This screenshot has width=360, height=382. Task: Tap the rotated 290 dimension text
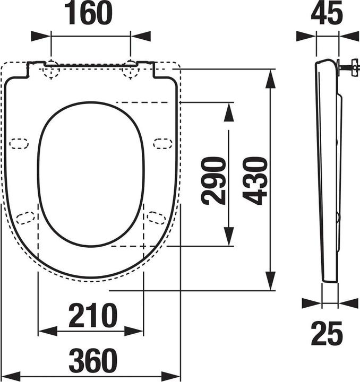click(212, 180)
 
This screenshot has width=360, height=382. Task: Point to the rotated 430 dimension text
click(255, 180)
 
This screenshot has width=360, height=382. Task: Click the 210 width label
click(91, 316)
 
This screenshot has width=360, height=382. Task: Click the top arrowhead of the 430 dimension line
click(271, 77)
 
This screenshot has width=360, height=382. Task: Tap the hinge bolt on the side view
click(347, 67)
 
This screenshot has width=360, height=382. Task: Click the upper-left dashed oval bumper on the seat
click(20, 143)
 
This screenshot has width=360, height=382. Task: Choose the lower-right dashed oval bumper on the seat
click(156, 216)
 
